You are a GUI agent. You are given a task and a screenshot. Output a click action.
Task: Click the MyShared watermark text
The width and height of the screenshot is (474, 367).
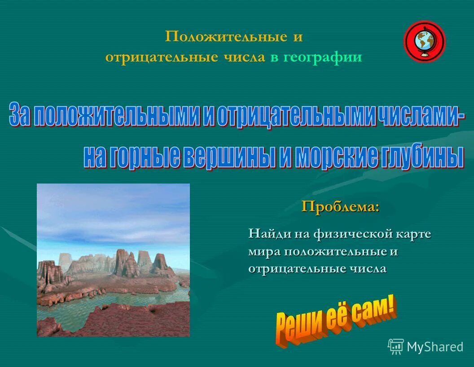[434, 347]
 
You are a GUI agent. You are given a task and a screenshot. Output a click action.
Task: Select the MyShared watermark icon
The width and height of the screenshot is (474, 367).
[395, 346]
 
